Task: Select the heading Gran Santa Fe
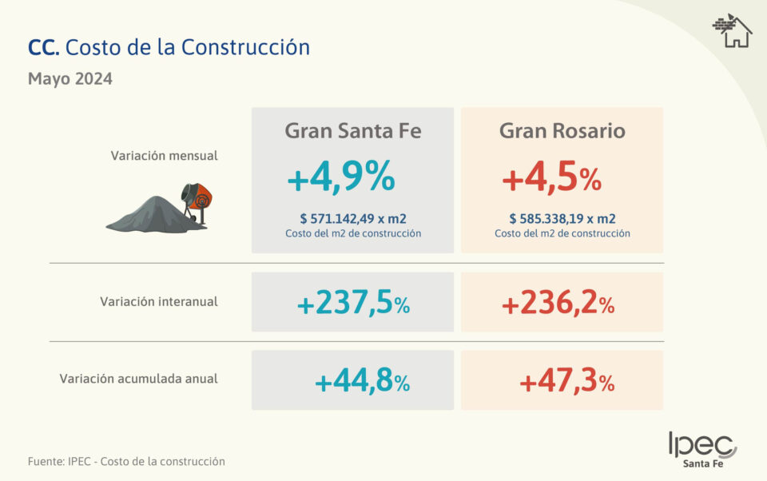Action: (x=352, y=131)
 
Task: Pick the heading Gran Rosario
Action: (x=562, y=131)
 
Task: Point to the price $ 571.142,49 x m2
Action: (x=352, y=218)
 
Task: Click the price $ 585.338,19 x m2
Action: (x=562, y=218)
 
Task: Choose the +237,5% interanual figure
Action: (x=353, y=304)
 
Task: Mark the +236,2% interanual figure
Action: (x=558, y=304)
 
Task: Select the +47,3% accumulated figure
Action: (x=566, y=382)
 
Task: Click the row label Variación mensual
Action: (x=164, y=156)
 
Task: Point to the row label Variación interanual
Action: (x=159, y=302)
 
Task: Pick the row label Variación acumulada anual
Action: (x=138, y=379)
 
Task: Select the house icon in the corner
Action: (x=732, y=31)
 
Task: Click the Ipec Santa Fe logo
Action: (x=702, y=450)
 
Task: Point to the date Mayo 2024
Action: (x=70, y=79)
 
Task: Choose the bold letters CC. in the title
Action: (x=43, y=47)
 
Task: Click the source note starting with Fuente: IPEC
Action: (x=126, y=462)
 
